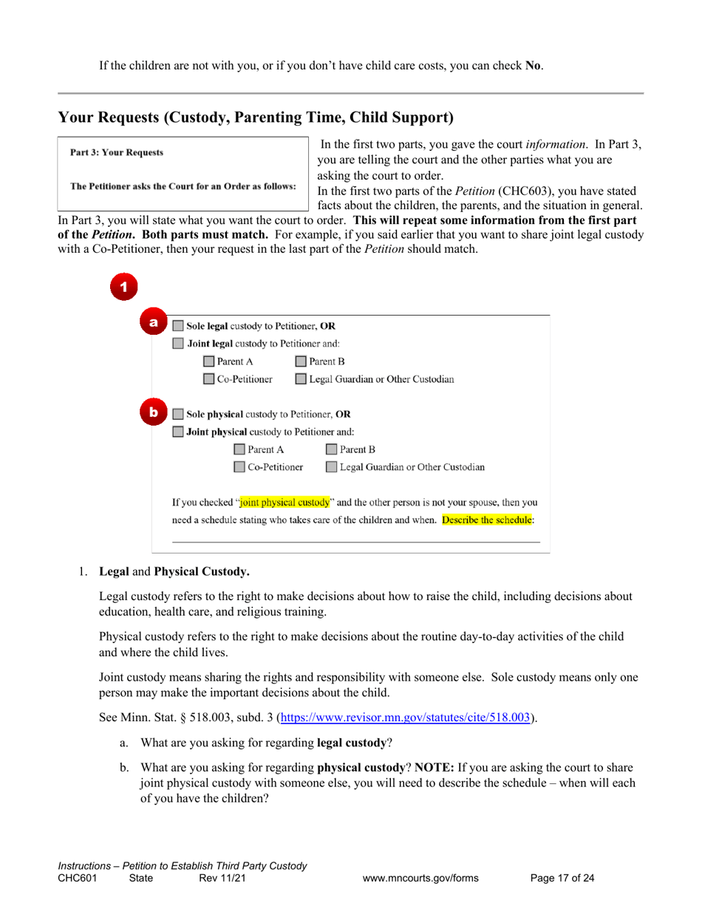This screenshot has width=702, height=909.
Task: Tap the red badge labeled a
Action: click(x=154, y=322)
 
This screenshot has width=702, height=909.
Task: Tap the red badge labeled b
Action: click(x=154, y=412)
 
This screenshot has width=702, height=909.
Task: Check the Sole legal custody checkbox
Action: click(x=178, y=325)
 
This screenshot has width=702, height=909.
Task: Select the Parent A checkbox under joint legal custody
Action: click(x=209, y=361)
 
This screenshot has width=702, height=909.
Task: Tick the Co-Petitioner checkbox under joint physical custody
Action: click(x=239, y=467)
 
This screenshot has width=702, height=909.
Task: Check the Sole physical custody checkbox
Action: click(x=178, y=414)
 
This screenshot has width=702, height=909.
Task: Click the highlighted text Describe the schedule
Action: click(x=486, y=520)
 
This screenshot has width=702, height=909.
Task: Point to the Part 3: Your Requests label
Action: click(x=117, y=153)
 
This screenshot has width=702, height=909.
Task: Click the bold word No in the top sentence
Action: click(x=532, y=65)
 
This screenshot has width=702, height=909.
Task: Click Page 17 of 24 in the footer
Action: click(x=562, y=879)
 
